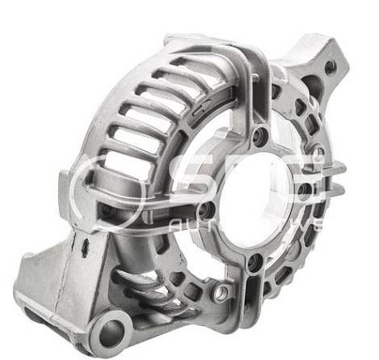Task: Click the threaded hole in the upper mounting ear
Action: tap(330, 67)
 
